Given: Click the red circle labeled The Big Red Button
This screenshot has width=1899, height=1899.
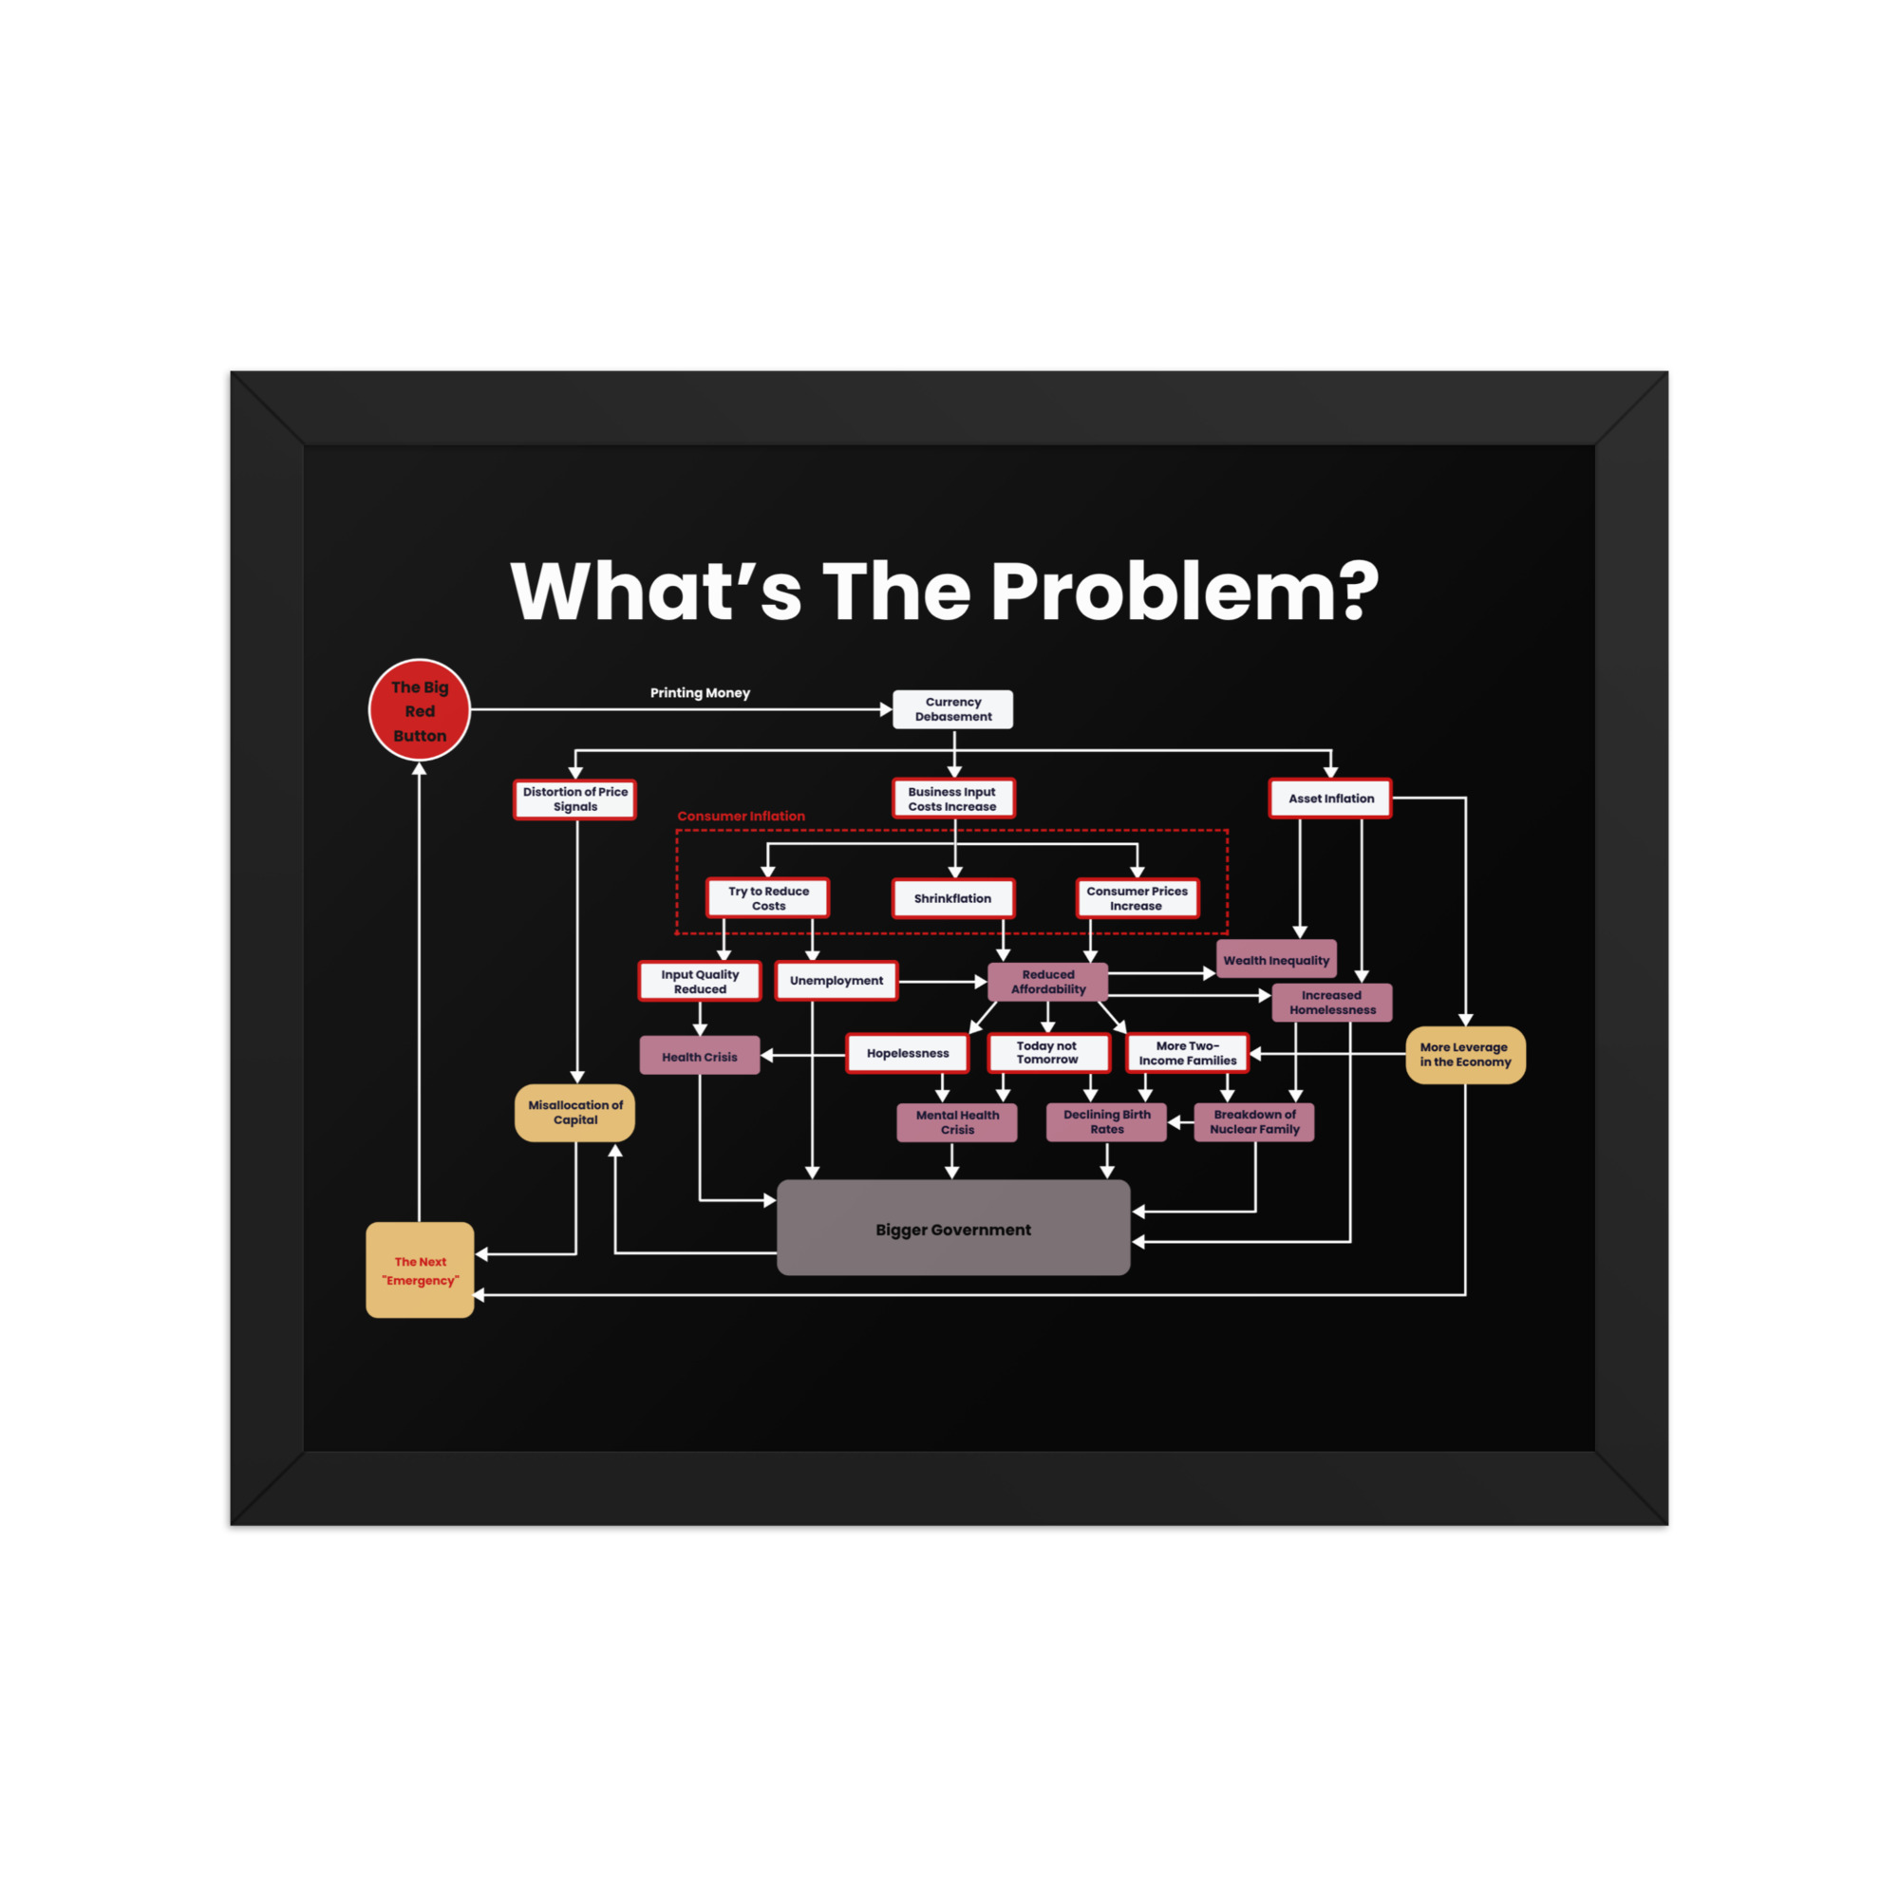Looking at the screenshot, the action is coord(420,709).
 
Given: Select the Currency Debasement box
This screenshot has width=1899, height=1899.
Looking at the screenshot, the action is coord(952,708).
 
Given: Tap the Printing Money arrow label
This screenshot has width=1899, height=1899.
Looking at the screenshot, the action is coord(700,693).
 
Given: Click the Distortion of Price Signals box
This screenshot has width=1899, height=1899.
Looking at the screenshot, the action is coord(575,799).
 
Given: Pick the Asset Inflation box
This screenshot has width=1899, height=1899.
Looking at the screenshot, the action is coord(1330,799).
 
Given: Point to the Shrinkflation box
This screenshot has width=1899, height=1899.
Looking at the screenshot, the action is coord(952,898).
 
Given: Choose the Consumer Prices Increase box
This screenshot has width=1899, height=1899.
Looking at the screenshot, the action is coord(1138,898).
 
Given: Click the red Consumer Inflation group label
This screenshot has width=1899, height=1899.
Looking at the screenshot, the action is coord(742,816).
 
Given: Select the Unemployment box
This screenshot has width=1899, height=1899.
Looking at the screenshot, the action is coord(837,981).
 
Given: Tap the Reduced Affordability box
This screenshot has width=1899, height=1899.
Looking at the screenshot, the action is coord(1048,982).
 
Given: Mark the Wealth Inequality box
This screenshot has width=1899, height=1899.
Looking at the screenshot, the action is coord(1276,959).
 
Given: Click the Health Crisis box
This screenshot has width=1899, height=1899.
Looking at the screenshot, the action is coord(700,1056).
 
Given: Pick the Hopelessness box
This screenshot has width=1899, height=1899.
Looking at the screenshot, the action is coord(907,1053).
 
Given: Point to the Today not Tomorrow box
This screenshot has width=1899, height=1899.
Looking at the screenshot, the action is coord(1049,1053).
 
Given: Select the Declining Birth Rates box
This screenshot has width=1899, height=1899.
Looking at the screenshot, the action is coord(1107,1121).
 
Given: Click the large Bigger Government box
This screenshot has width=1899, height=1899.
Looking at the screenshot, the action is coord(953,1228).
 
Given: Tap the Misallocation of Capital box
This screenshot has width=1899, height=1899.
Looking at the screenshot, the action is coord(575,1113).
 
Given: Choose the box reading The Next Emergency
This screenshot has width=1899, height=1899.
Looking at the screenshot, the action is coord(420,1269).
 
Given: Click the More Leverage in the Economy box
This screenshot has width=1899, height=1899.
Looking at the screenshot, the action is coord(1465,1055).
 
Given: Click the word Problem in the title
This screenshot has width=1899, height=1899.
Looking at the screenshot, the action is coord(1184,592).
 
